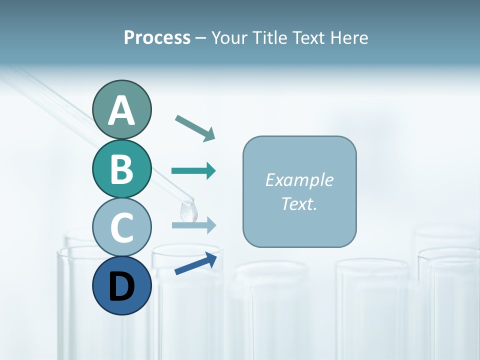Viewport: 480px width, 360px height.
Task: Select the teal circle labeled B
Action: click(x=121, y=169)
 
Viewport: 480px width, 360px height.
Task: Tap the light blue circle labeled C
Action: click(x=121, y=227)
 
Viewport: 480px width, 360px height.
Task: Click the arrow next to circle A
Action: click(x=195, y=127)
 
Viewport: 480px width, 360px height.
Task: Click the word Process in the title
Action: click(x=157, y=38)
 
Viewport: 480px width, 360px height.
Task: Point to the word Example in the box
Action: click(x=299, y=180)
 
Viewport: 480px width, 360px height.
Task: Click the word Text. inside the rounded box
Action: click(x=299, y=204)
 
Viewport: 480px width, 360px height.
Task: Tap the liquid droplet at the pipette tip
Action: click(x=188, y=212)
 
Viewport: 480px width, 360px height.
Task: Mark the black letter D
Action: click(x=121, y=287)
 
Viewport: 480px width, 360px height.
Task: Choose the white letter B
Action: click(x=121, y=169)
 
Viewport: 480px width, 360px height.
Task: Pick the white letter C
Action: click(x=121, y=227)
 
